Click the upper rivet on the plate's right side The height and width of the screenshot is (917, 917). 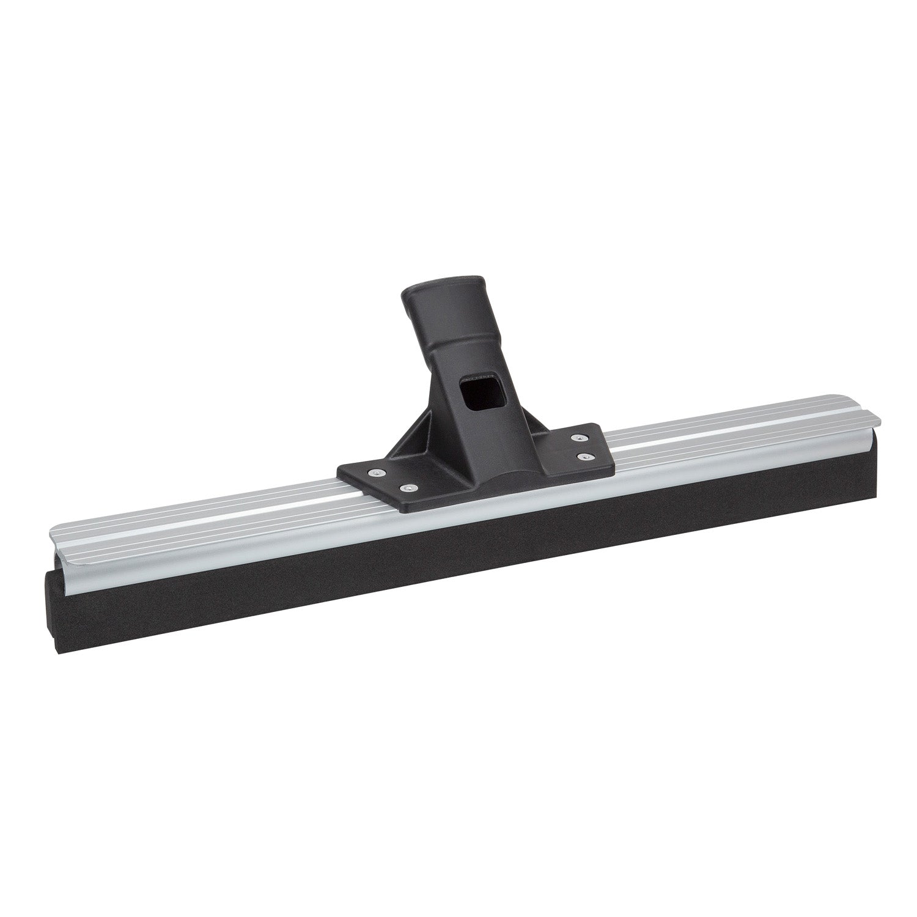pyautogui.click(x=576, y=437)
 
